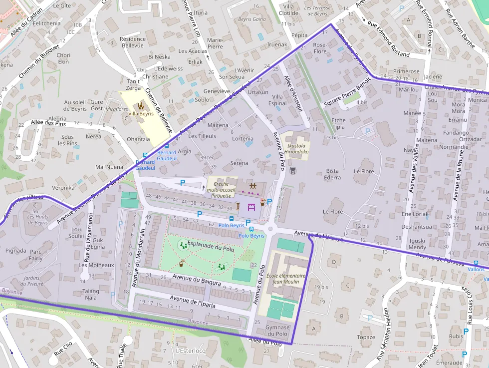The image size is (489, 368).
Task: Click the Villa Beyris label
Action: [141, 114]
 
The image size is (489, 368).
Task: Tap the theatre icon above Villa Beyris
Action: [141, 105]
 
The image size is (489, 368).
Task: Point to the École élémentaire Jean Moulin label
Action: [286, 279]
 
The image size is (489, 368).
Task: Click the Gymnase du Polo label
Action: [277, 330]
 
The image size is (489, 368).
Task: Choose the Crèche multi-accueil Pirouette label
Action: [221, 190]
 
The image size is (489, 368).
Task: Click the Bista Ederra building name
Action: [332, 174]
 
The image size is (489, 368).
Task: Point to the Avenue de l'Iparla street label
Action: [192, 301]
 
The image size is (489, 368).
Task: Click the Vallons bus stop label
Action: [476, 269]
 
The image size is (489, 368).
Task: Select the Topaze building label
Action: [366, 337]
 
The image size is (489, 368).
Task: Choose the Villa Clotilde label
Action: [289, 9]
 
